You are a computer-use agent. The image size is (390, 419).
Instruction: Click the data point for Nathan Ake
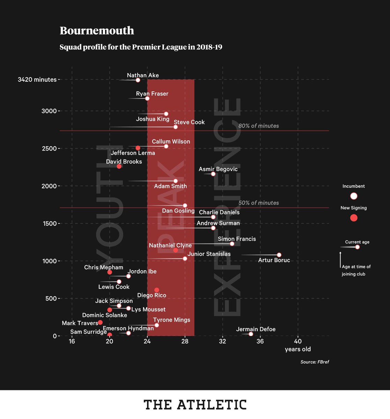point(138,80)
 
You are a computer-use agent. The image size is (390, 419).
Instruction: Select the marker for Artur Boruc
point(279,255)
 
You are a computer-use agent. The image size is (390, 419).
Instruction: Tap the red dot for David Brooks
point(119,166)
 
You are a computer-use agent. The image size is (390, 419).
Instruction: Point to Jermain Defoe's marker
point(251,334)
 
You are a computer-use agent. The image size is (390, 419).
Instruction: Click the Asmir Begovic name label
point(218,169)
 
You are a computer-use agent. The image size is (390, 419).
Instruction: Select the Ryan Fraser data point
point(147,98)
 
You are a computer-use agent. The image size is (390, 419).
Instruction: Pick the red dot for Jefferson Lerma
point(138,148)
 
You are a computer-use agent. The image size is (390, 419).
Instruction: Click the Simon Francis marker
point(232,244)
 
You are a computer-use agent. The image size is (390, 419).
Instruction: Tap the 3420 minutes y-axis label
point(37,80)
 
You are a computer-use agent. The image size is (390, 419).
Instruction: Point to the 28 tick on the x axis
point(185,341)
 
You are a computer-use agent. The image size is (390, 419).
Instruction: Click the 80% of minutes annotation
point(258,126)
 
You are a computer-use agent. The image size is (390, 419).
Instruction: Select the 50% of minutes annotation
point(258,203)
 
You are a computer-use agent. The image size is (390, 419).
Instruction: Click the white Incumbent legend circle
point(354,196)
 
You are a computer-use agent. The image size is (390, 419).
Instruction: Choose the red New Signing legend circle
point(354,218)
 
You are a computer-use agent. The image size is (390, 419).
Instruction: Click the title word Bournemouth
point(97,31)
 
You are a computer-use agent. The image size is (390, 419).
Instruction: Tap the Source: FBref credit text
point(315,362)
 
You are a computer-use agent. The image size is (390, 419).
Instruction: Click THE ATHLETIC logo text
point(195,405)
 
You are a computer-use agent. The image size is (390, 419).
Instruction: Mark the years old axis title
point(297,349)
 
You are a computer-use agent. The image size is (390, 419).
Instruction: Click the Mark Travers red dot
point(100,322)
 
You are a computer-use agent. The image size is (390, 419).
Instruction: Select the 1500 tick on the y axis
point(49,223)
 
